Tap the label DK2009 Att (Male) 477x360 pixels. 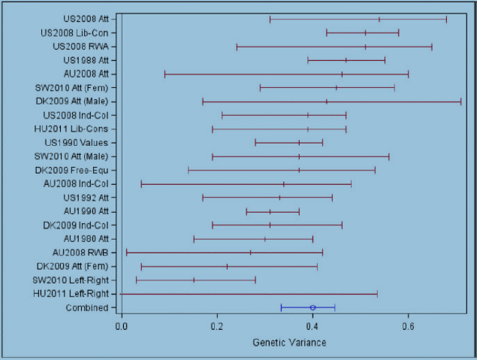(71, 101)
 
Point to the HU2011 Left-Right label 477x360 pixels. (74, 293)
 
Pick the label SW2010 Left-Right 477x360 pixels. (73, 280)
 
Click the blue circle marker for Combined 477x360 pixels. (312, 307)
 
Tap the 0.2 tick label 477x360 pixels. (217, 327)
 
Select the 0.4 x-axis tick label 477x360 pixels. (312, 327)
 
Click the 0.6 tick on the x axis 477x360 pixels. (408, 327)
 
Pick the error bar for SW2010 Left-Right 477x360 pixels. (194, 280)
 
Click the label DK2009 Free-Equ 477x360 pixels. (72, 170)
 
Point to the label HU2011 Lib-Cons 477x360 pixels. (74, 129)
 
